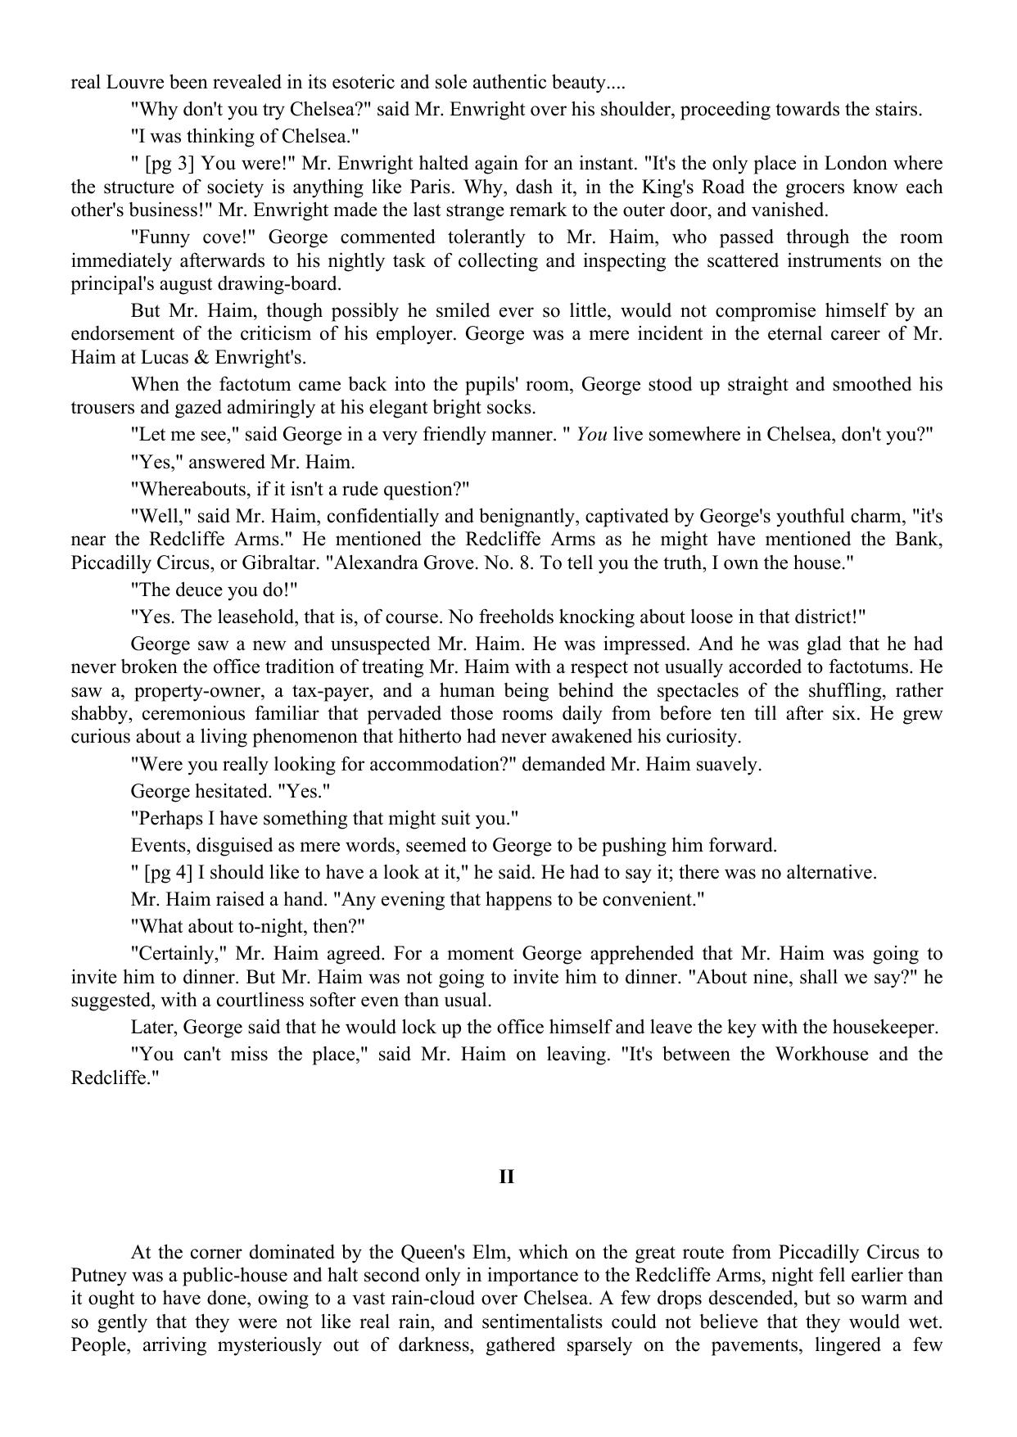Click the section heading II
(507, 1177)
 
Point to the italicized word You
(592, 435)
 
